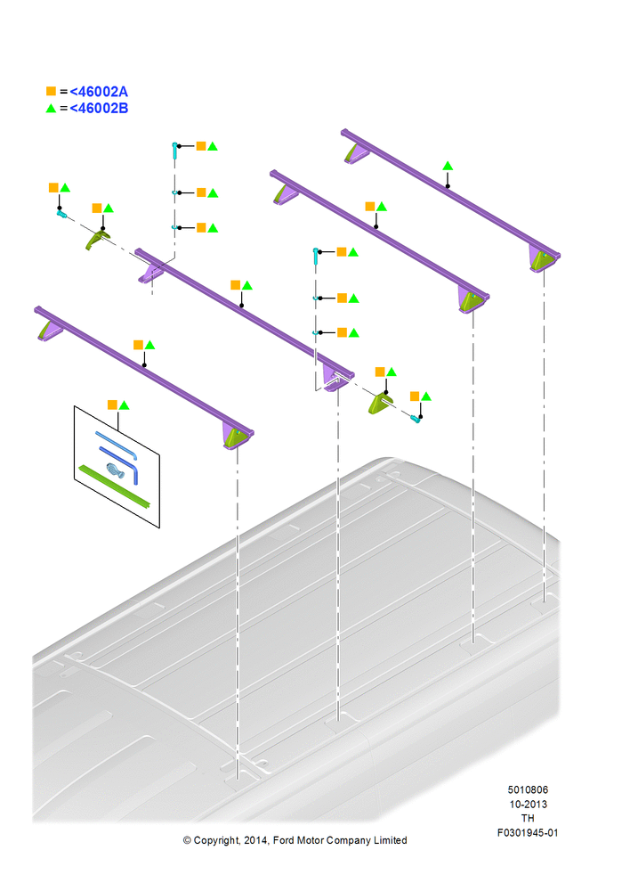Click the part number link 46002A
[99, 92]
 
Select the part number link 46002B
[99, 108]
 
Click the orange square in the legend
[51, 91]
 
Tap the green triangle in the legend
[51, 108]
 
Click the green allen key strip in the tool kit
[115, 486]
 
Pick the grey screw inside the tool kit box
[115, 470]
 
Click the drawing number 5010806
[528, 789]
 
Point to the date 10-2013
[528, 804]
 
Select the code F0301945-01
[528, 832]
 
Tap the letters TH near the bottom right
[528, 818]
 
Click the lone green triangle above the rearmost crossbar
[448, 166]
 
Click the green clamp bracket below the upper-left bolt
[97, 239]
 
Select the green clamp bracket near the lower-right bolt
[381, 403]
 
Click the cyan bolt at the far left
[62, 214]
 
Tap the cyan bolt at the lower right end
[416, 420]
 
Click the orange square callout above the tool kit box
[112, 405]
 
